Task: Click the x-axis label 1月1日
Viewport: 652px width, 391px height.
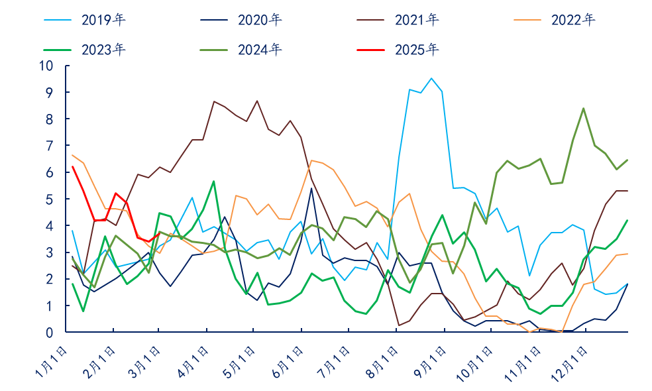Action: pyautogui.click(x=52, y=362)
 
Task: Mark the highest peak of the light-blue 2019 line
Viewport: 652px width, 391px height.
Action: pyautogui.click(x=431, y=78)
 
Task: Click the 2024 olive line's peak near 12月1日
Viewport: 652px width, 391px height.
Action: pyautogui.click(x=583, y=108)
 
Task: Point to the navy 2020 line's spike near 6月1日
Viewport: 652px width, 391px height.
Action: pyautogui.click(x=311, y=188)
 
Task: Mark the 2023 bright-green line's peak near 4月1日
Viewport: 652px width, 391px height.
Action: pyautogui.click(x=213, y=181)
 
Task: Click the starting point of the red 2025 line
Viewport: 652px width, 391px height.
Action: pyautogui.click(x=72, y=166)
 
